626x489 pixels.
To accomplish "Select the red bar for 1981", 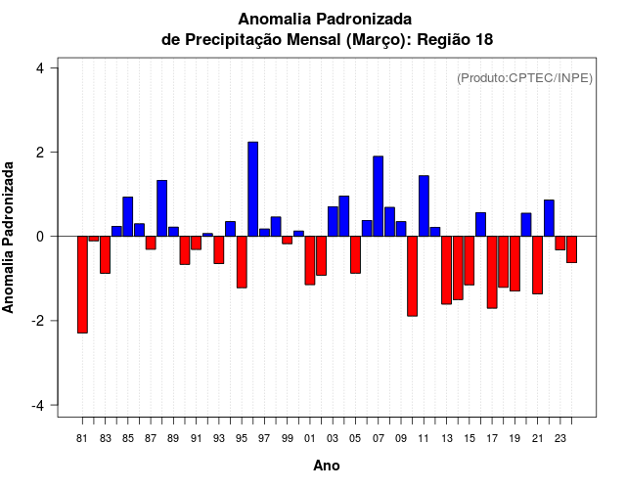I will coord(82,285).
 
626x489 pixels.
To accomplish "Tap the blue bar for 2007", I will coord(378,196).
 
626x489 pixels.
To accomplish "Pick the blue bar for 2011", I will coord(424,205).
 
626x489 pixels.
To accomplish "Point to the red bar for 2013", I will coord(446,270).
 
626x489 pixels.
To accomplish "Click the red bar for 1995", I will coord(242,261).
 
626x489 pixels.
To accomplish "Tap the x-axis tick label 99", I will coord(288,439).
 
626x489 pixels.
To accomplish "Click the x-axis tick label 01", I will coord(310,439).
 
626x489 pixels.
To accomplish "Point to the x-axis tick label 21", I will coord(537,439).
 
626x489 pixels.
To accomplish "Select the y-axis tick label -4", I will coord(40,405).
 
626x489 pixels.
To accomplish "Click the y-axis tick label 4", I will coord(40,68).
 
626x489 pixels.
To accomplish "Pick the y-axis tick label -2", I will coord(40,321).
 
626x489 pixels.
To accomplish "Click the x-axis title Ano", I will coord(327,467).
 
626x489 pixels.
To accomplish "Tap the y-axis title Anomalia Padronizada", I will coord(9,237).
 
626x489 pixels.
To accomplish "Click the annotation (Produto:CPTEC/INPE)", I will coord(524,78).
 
